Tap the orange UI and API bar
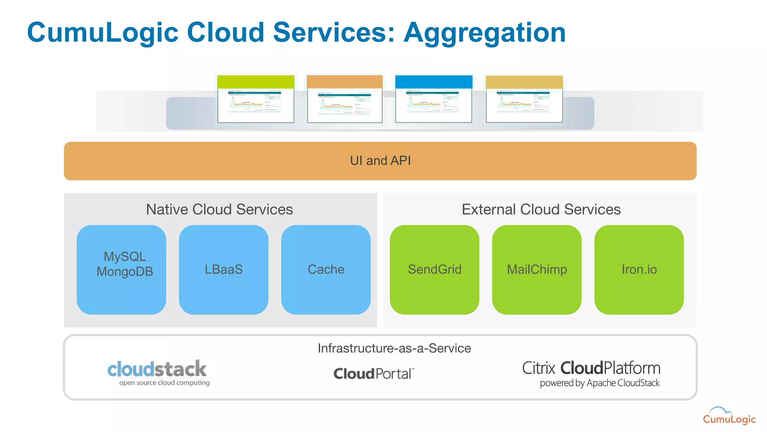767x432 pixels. point(380,161)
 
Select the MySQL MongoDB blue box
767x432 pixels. point(121,269)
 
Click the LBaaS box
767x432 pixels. point(224,269)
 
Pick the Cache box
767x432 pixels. point(326,269)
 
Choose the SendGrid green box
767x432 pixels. point(434,269)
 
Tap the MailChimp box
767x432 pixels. point(537,269)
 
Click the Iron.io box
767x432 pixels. point(639,269)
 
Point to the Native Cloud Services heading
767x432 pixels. point(219,209)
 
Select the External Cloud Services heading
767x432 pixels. point(541,209)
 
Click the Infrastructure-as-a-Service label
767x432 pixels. point(394,348)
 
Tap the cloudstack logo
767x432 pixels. point(157,372)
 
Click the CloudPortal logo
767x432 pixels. point(374,373)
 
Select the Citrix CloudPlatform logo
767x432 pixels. point(591,368)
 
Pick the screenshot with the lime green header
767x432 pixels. point(256,99)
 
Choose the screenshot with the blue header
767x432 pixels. point(434,99)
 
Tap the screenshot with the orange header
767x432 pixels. point(345,99)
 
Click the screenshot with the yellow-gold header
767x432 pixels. point(524,99)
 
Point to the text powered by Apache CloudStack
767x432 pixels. point(599,383)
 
